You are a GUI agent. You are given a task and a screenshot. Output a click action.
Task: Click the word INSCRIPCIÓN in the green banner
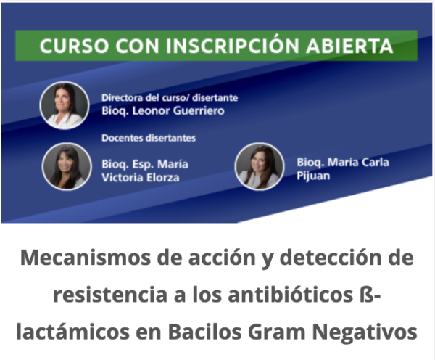coord(233,45)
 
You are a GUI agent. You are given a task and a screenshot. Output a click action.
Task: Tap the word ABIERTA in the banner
coord(349,46)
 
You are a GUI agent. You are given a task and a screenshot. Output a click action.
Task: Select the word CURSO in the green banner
coord(74,46)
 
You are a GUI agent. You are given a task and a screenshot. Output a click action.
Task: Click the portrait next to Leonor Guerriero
coord(65,105)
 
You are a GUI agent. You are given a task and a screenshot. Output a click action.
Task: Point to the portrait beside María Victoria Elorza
coord(67,166)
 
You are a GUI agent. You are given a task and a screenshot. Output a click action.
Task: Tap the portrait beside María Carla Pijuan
coord(260,166)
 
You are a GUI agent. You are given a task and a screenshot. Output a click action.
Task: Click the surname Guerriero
coord(199,111)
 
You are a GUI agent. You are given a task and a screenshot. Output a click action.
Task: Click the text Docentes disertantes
coord(149,138)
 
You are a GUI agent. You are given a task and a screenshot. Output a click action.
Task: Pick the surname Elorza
coord(163,178)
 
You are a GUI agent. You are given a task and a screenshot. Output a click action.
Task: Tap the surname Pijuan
coord(313,176)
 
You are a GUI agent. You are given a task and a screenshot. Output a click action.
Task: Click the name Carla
coord(375,163)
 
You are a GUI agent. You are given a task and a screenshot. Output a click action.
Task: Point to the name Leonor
coord(151,111)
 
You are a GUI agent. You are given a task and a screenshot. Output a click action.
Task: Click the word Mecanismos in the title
coord(85,258)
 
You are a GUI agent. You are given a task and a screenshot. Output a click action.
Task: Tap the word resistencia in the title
coord(110,295)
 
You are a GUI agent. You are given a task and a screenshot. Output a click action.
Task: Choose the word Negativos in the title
coord(365,332)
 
